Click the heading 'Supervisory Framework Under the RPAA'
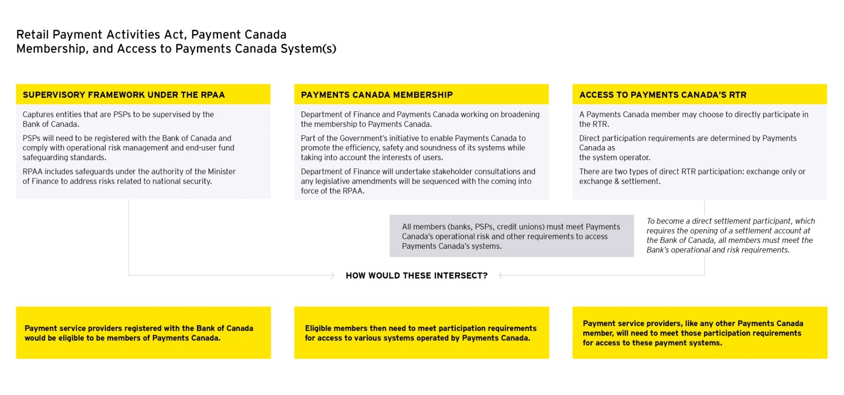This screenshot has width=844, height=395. tap(124, 95)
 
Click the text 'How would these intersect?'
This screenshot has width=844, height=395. tap(416, 276)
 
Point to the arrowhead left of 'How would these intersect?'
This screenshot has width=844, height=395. tap(332, 276)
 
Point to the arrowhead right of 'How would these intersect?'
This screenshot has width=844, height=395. tap(501, 276)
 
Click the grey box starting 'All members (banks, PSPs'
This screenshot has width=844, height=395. tap(511, 236)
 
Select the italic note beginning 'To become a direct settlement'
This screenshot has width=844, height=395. tap(730, 235)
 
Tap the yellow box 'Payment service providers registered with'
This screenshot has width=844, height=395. tap(143, 333)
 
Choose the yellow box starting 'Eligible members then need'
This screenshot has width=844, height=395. tap(421, 333)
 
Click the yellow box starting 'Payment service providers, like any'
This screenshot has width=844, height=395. tap(699, 333)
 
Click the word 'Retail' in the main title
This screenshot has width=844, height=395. tap(33, 35)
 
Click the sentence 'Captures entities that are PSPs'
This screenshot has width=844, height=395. tap(118, 119)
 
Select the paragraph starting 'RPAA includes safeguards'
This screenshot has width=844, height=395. tap(129, 176)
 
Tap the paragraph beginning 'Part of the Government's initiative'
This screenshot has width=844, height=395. tap(413, 148)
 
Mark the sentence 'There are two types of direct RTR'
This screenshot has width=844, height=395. tap(692, 176)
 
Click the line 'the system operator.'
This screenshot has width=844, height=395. tap(614, 157)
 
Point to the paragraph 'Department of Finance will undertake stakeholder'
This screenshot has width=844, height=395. tap(417, 181)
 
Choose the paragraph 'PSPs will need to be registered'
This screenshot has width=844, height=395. tap(128, 148)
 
